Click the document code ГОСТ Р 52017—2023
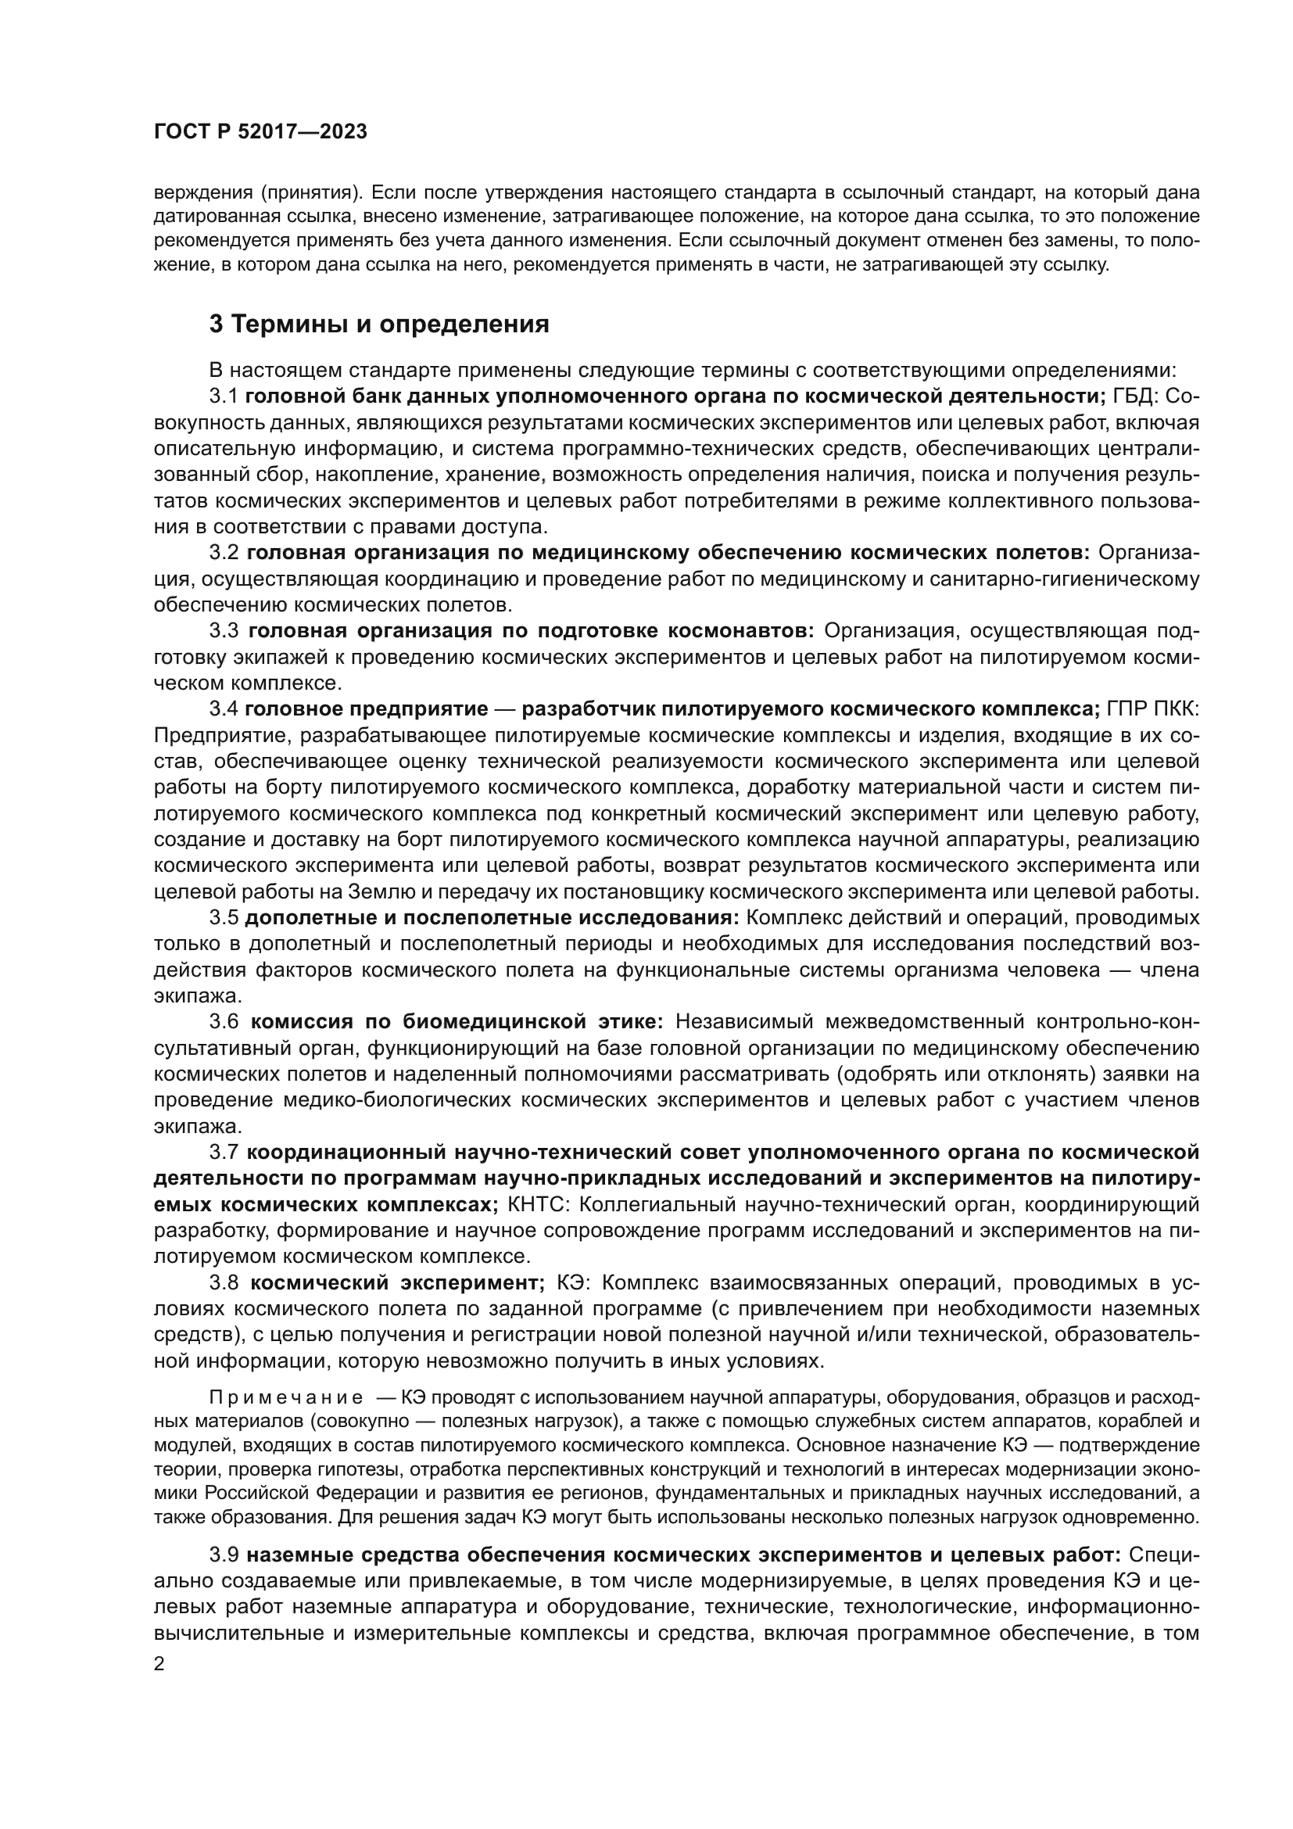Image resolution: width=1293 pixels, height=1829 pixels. click(260, 133)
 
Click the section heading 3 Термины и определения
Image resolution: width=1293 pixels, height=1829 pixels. click(379, 325)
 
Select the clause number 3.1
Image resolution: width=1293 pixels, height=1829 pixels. click(224, 396)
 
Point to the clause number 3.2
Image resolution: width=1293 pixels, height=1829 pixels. click(224, 553)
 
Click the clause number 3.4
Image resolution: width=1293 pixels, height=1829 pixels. click(224, 709)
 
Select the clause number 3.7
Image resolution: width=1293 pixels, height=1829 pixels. click(224, 1152)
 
